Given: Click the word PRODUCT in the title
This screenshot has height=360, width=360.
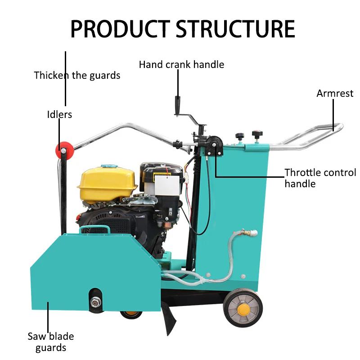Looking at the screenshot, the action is click(x=120, y=29).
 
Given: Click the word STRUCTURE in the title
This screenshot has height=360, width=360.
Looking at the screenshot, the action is click(x=235, y=29).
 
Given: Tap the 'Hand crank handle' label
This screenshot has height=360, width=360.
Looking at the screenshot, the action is click(x=181, y=64).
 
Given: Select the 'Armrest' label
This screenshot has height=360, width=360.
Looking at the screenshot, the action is click(x=335, y=94).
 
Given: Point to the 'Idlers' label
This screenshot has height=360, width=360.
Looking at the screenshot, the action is click(x=59, y=114).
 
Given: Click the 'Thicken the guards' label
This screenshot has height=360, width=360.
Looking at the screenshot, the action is click(x=77, y=76).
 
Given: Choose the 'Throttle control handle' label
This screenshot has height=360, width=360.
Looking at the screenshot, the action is click(x=320, y=178).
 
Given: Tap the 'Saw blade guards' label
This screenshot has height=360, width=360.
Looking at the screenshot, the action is click(x=51, y=342).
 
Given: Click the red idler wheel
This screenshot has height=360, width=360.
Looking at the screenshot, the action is click(x=65, y=150).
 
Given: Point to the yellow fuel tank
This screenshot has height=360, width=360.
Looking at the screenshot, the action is click(x=107, y=184).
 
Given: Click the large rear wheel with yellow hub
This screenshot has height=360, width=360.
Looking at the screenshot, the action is click(x=243, y=307).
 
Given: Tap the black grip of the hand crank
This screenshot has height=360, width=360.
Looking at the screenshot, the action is click(x=177, y=105).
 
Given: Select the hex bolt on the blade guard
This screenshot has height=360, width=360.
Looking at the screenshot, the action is click(x=96, y=301).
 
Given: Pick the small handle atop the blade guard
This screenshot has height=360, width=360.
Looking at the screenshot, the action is click(x=95, y=229).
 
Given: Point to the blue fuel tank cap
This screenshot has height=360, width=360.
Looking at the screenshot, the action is click(x=108, y=166).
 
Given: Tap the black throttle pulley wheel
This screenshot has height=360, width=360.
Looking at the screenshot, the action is click(x=214, y=144).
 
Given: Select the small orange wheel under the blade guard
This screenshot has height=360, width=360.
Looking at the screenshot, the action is click(x=131, y=314).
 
